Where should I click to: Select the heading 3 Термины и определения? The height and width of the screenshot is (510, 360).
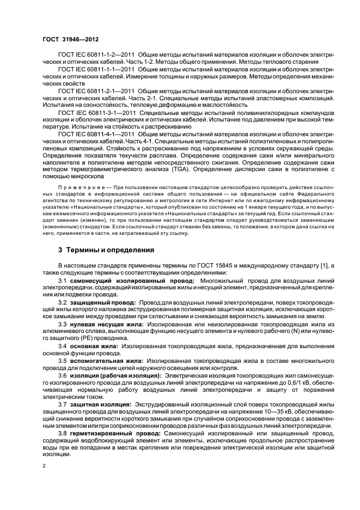click(99, 250)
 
